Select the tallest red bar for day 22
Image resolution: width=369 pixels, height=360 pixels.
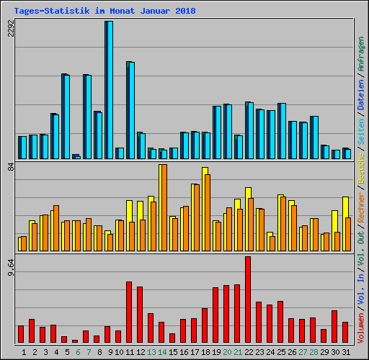248,300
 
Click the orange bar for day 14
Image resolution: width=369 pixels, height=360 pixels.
164,208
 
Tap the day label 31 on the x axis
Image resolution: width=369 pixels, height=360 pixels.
345,352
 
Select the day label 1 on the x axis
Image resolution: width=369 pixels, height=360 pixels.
24,352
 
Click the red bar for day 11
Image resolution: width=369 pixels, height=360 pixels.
129,312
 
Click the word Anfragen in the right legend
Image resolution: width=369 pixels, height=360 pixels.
360,54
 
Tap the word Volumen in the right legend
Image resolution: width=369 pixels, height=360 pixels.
360,334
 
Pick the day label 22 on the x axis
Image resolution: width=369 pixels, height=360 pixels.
248,352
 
